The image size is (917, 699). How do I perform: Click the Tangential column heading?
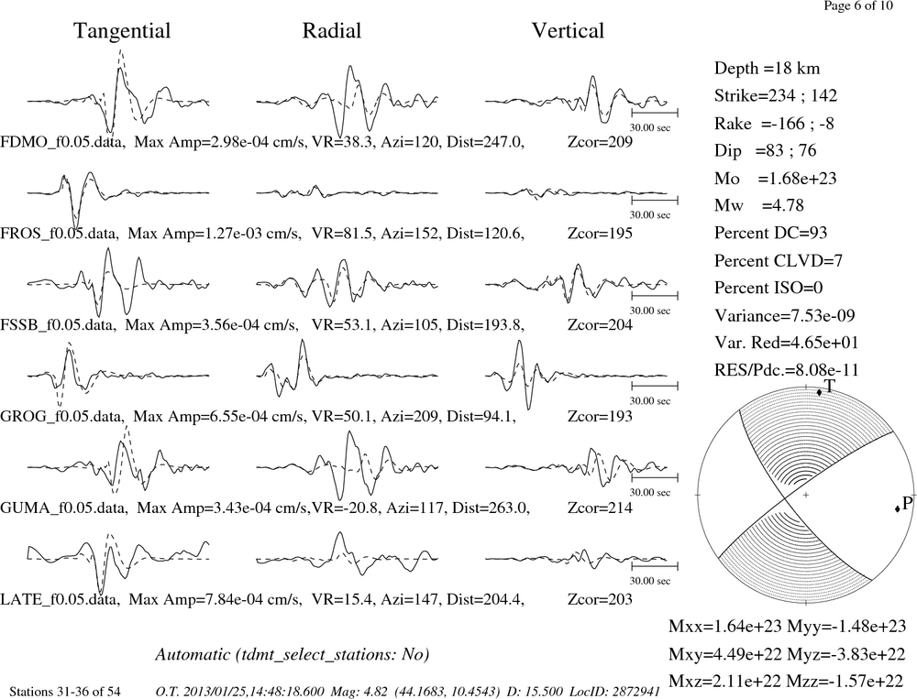(122, 31)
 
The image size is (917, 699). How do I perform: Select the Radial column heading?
(332, 30)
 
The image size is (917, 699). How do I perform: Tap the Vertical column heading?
(568, 30)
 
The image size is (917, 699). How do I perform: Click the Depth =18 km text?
(767, 69)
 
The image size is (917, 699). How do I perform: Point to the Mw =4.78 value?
(758, 205)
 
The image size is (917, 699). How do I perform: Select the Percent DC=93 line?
(770, 234)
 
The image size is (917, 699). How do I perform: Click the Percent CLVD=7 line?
(779, 261)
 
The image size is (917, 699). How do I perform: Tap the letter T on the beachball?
(829, 386)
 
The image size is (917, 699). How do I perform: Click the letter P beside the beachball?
(907, 503)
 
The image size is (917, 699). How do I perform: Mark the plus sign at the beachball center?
(805, 495)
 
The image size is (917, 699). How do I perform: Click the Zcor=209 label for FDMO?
(600, 142)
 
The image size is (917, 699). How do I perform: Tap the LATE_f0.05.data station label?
(60, 600)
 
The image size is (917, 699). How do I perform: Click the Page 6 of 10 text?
(858, 5)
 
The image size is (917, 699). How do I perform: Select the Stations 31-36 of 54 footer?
(65, 692)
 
